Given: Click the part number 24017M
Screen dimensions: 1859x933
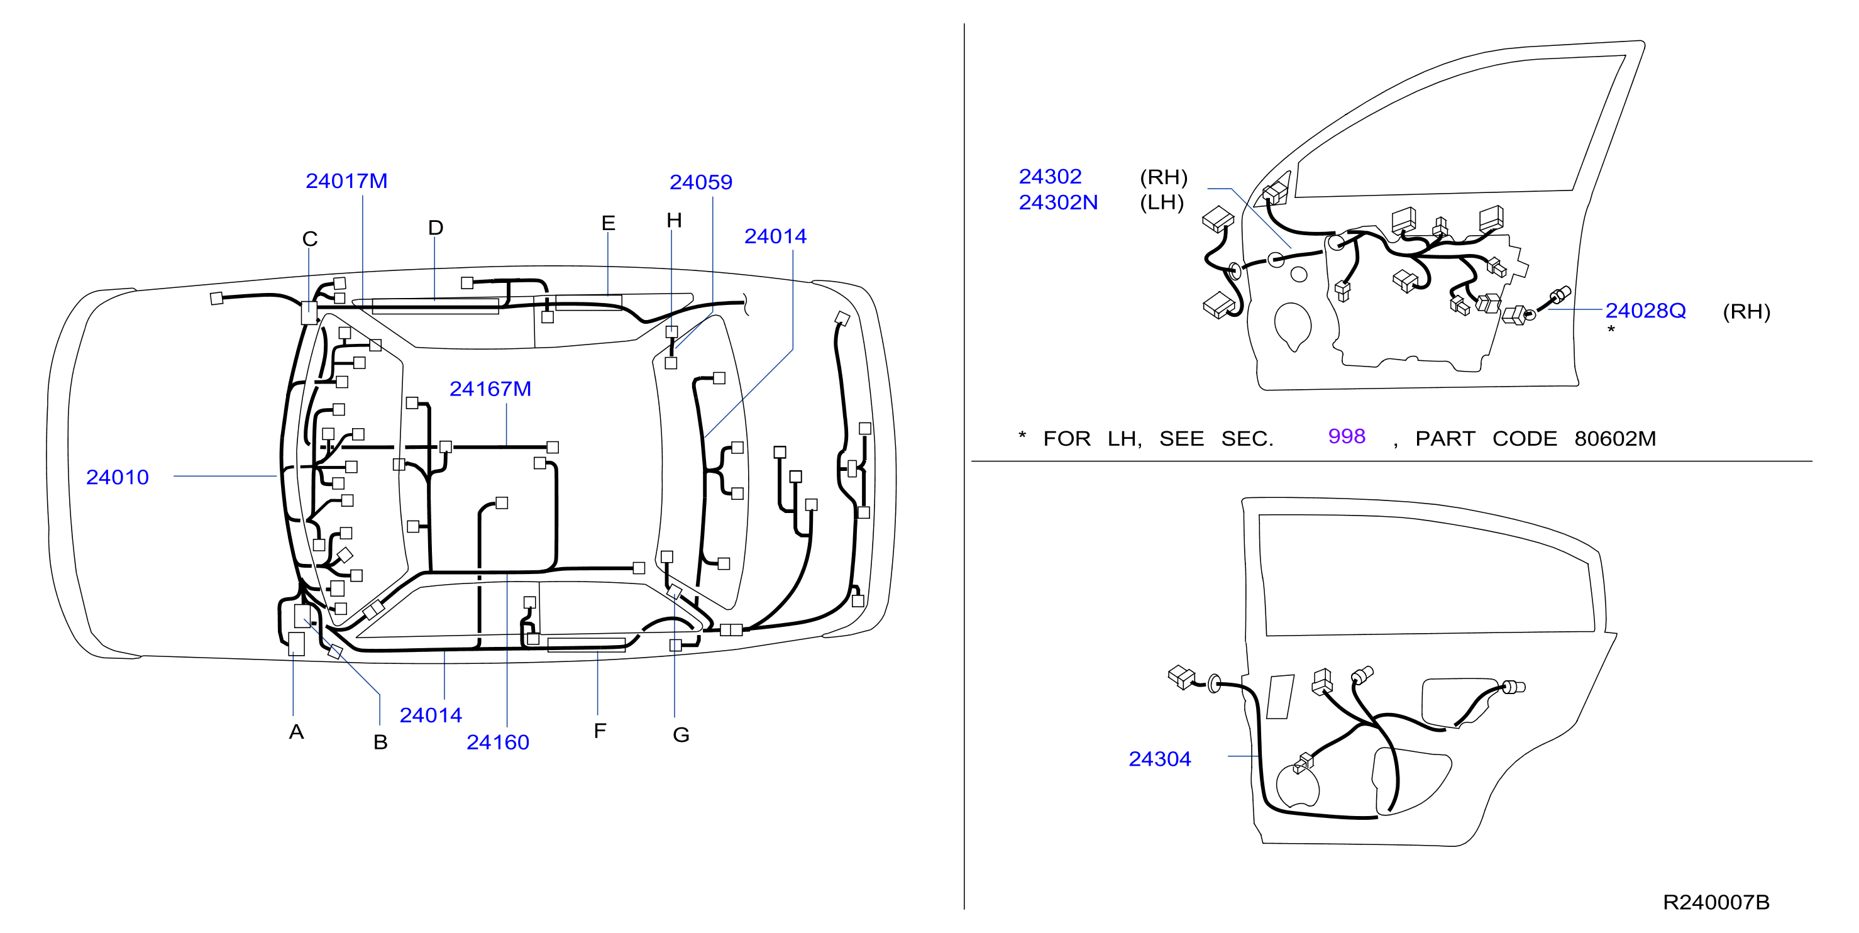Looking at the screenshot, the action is (346, 181).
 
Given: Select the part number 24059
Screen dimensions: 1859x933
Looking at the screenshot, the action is (701, 182).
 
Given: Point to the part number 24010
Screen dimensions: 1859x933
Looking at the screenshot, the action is (118, 477).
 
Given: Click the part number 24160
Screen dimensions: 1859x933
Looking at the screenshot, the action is (498, 742).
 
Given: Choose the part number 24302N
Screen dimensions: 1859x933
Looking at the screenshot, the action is (1058, 202).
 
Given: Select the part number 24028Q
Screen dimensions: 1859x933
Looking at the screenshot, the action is (1645, 311).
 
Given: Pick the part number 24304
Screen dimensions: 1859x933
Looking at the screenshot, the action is (1160, 758).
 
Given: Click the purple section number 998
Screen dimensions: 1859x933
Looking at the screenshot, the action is (1347, 436).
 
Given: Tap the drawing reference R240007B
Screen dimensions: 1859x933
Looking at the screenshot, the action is (1716, 902).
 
